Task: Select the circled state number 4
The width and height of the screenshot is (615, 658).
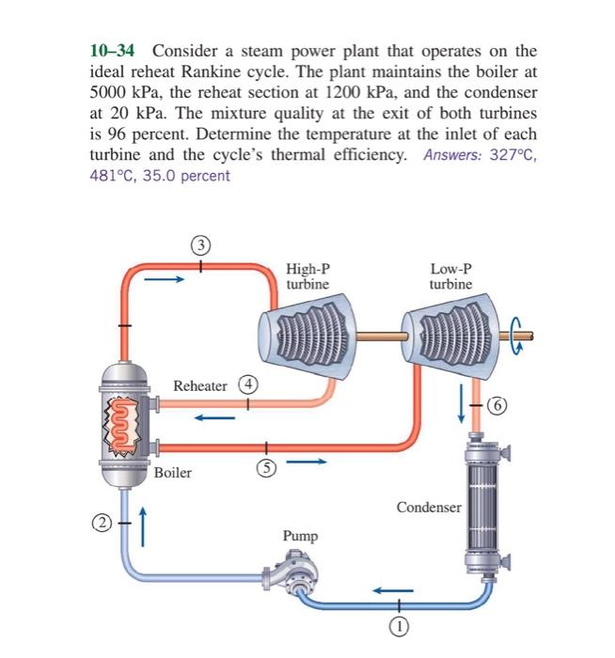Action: click(247, 385)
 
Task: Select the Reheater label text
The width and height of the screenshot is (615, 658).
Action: click(200, 386)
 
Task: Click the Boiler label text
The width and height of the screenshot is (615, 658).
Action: click(173, 473)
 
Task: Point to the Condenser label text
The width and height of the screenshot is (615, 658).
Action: click(429, 508)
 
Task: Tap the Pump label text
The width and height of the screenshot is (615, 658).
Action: click(300, 536)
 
